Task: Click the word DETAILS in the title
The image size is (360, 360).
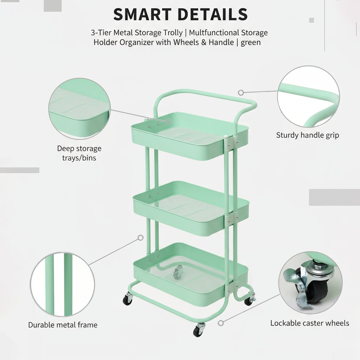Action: (x=213, y=14)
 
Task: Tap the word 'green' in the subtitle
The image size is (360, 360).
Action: (x=250, y=43)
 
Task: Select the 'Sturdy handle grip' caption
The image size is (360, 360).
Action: (x=307, y=135)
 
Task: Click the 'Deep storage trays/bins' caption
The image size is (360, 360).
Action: (x=79, y=153)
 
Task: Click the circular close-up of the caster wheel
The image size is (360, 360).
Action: (x=310, y=283)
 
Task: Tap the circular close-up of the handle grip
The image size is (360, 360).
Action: (x=308, y=97)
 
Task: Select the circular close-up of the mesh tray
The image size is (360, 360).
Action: (x=79, y=109)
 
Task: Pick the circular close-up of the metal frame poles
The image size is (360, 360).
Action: (x=62, y=284)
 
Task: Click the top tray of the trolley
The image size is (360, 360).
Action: (x=190, y=136)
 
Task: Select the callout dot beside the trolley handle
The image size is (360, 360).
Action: (x=241, y=92)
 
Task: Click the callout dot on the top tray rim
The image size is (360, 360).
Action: (x=169, y=122)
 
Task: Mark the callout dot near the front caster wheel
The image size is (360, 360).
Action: (x=221, y=323)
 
